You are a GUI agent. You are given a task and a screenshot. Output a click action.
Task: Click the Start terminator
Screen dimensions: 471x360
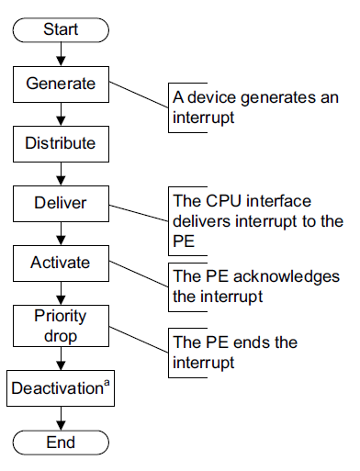point(60,29)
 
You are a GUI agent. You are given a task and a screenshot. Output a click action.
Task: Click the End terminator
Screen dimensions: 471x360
point(60,443)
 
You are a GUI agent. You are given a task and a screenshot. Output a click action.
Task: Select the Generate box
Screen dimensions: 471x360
point(60,84)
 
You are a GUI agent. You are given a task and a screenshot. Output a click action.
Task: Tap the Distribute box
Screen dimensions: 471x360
point(60,143)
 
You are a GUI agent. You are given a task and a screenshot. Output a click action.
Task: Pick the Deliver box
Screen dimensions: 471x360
point(60,203)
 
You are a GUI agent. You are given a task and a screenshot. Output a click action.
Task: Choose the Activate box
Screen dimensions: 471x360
point(60,263)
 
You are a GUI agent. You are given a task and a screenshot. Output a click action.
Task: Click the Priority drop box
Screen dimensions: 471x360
point(60,324)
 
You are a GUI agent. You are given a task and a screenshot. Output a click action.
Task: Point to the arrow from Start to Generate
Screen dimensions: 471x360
point(60,54)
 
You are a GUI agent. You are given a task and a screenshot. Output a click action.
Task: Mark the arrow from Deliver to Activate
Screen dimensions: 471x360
point(60,233)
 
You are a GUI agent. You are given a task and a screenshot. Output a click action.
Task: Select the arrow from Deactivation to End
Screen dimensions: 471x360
point(60,417)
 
